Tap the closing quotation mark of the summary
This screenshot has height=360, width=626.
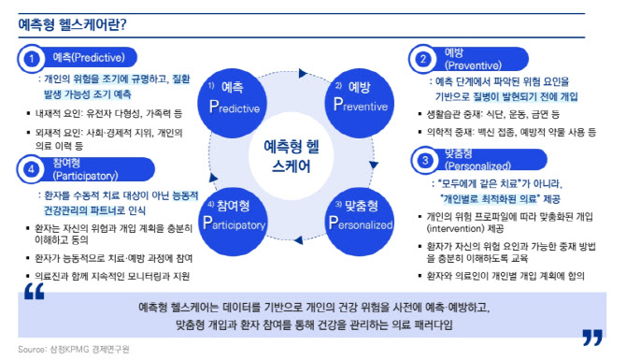(x=590, y=336)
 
